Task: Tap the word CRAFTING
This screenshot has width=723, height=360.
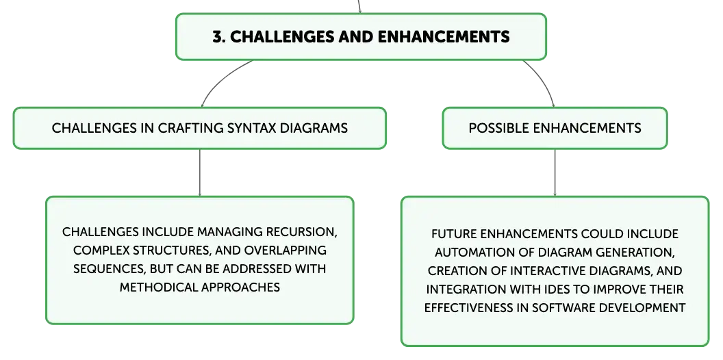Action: pos(191,128)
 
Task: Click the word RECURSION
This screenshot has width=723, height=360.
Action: pos(301,232)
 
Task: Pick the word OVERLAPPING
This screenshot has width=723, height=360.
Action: pos(286,250)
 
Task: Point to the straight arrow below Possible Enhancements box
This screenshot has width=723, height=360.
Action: pos(555,173)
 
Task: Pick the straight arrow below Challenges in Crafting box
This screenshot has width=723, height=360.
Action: pos(200,173)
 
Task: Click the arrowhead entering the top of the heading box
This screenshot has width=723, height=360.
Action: pos(359,11)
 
